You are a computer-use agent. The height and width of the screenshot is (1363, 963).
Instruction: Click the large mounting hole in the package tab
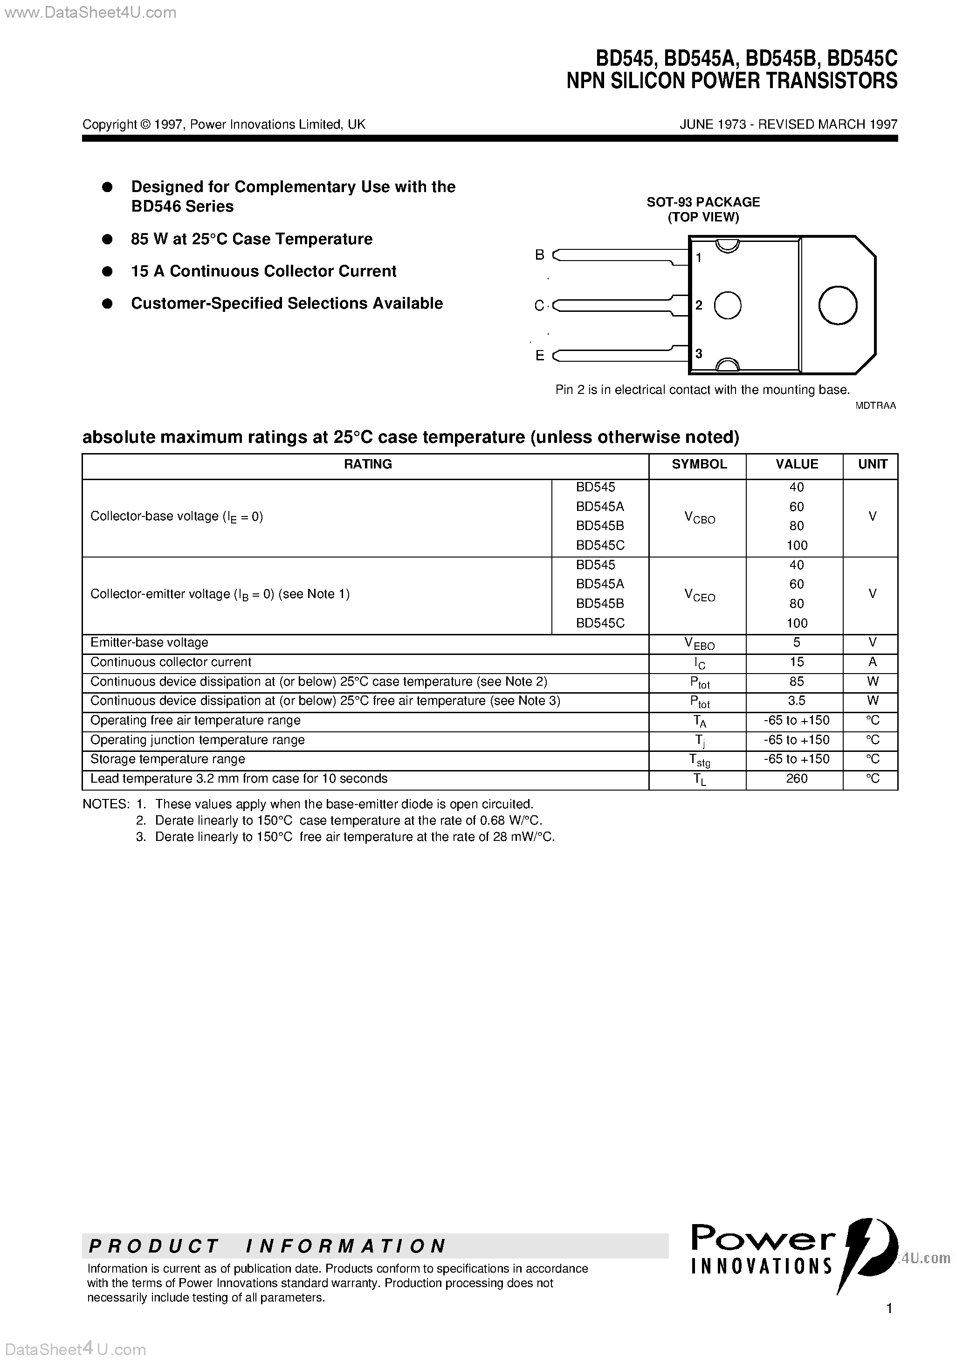[837, 305]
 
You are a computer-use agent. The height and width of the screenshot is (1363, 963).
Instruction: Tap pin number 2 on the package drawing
[699, 305]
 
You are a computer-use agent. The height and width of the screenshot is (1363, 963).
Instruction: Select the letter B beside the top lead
[539, 255]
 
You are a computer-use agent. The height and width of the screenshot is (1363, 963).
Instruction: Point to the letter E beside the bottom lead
[539, 356]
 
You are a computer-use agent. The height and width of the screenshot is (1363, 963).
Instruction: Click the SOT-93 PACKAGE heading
[703, 202]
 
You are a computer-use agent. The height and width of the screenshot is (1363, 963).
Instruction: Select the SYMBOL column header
[699, 464]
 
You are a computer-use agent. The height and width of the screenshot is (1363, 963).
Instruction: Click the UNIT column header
[872, 464]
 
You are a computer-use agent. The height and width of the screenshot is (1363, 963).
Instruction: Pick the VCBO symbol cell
[699, 518]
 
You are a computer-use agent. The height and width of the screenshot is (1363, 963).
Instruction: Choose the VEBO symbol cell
[699, 643]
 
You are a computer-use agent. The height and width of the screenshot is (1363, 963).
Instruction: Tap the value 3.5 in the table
[796, 701]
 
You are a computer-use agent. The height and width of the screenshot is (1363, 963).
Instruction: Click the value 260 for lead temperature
[796, 778]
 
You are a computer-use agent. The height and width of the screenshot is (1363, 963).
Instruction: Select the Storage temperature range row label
[167, 759]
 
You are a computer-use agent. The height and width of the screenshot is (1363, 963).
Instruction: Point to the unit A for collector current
[872, 662]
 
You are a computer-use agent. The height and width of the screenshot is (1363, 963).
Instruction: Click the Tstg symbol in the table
[699, 760]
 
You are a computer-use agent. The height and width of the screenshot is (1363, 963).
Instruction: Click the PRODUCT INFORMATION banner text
[267, 1246]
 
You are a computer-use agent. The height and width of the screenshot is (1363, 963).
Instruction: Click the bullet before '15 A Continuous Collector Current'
[108, 271]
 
